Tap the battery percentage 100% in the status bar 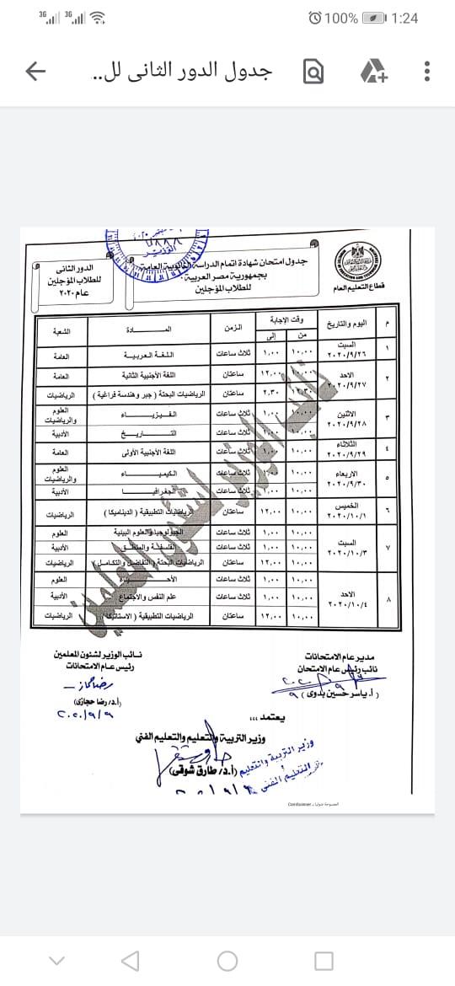342,18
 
